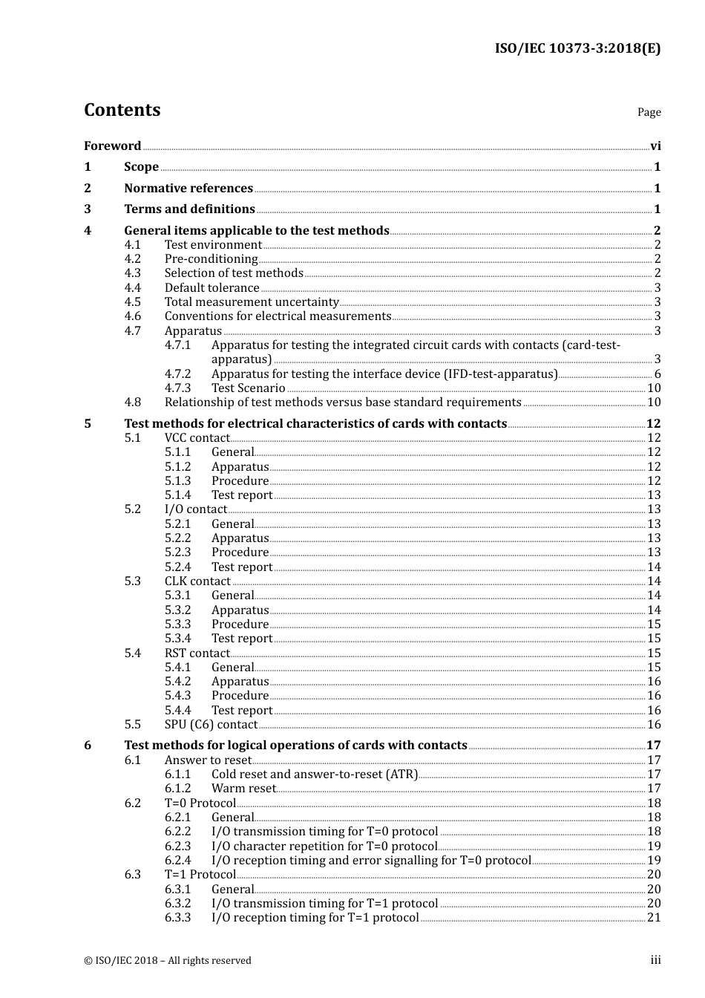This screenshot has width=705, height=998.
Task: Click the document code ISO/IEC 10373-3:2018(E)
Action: (x=577, y=48)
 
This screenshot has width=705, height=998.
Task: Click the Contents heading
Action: (x=122, y=110)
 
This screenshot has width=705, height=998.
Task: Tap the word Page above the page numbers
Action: (x=649, y=112)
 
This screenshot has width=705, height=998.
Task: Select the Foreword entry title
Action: (x=112, y=146)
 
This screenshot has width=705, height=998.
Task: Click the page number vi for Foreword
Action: (x=655, y=146)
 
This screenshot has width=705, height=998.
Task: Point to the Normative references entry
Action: (x=188, y=189)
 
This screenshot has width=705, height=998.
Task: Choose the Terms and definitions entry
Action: (x=189, y=209)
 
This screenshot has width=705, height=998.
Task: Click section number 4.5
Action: (x=133, y=302)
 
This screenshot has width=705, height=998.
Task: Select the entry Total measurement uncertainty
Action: (x=252, y=302)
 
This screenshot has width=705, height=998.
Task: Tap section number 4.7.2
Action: (x=177, y=374)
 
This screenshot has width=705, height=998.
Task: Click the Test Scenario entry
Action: (x=248, y=388)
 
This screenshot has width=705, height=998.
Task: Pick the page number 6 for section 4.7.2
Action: (x=658, y=374)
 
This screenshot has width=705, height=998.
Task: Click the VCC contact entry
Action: (x=197, y=438)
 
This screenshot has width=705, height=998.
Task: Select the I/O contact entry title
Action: (x=196, y=509)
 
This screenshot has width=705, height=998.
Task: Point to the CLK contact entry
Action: (x=197, y=581)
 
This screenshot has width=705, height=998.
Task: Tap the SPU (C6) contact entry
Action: (x=211, y=725)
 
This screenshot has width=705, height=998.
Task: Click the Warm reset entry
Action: (x=243, y=789)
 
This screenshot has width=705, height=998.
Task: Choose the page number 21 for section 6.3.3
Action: (x=654, y=918)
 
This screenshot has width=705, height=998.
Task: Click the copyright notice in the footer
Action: (x=168, y=961)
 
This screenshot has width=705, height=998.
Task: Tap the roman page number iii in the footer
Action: (x=655, y=960)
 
